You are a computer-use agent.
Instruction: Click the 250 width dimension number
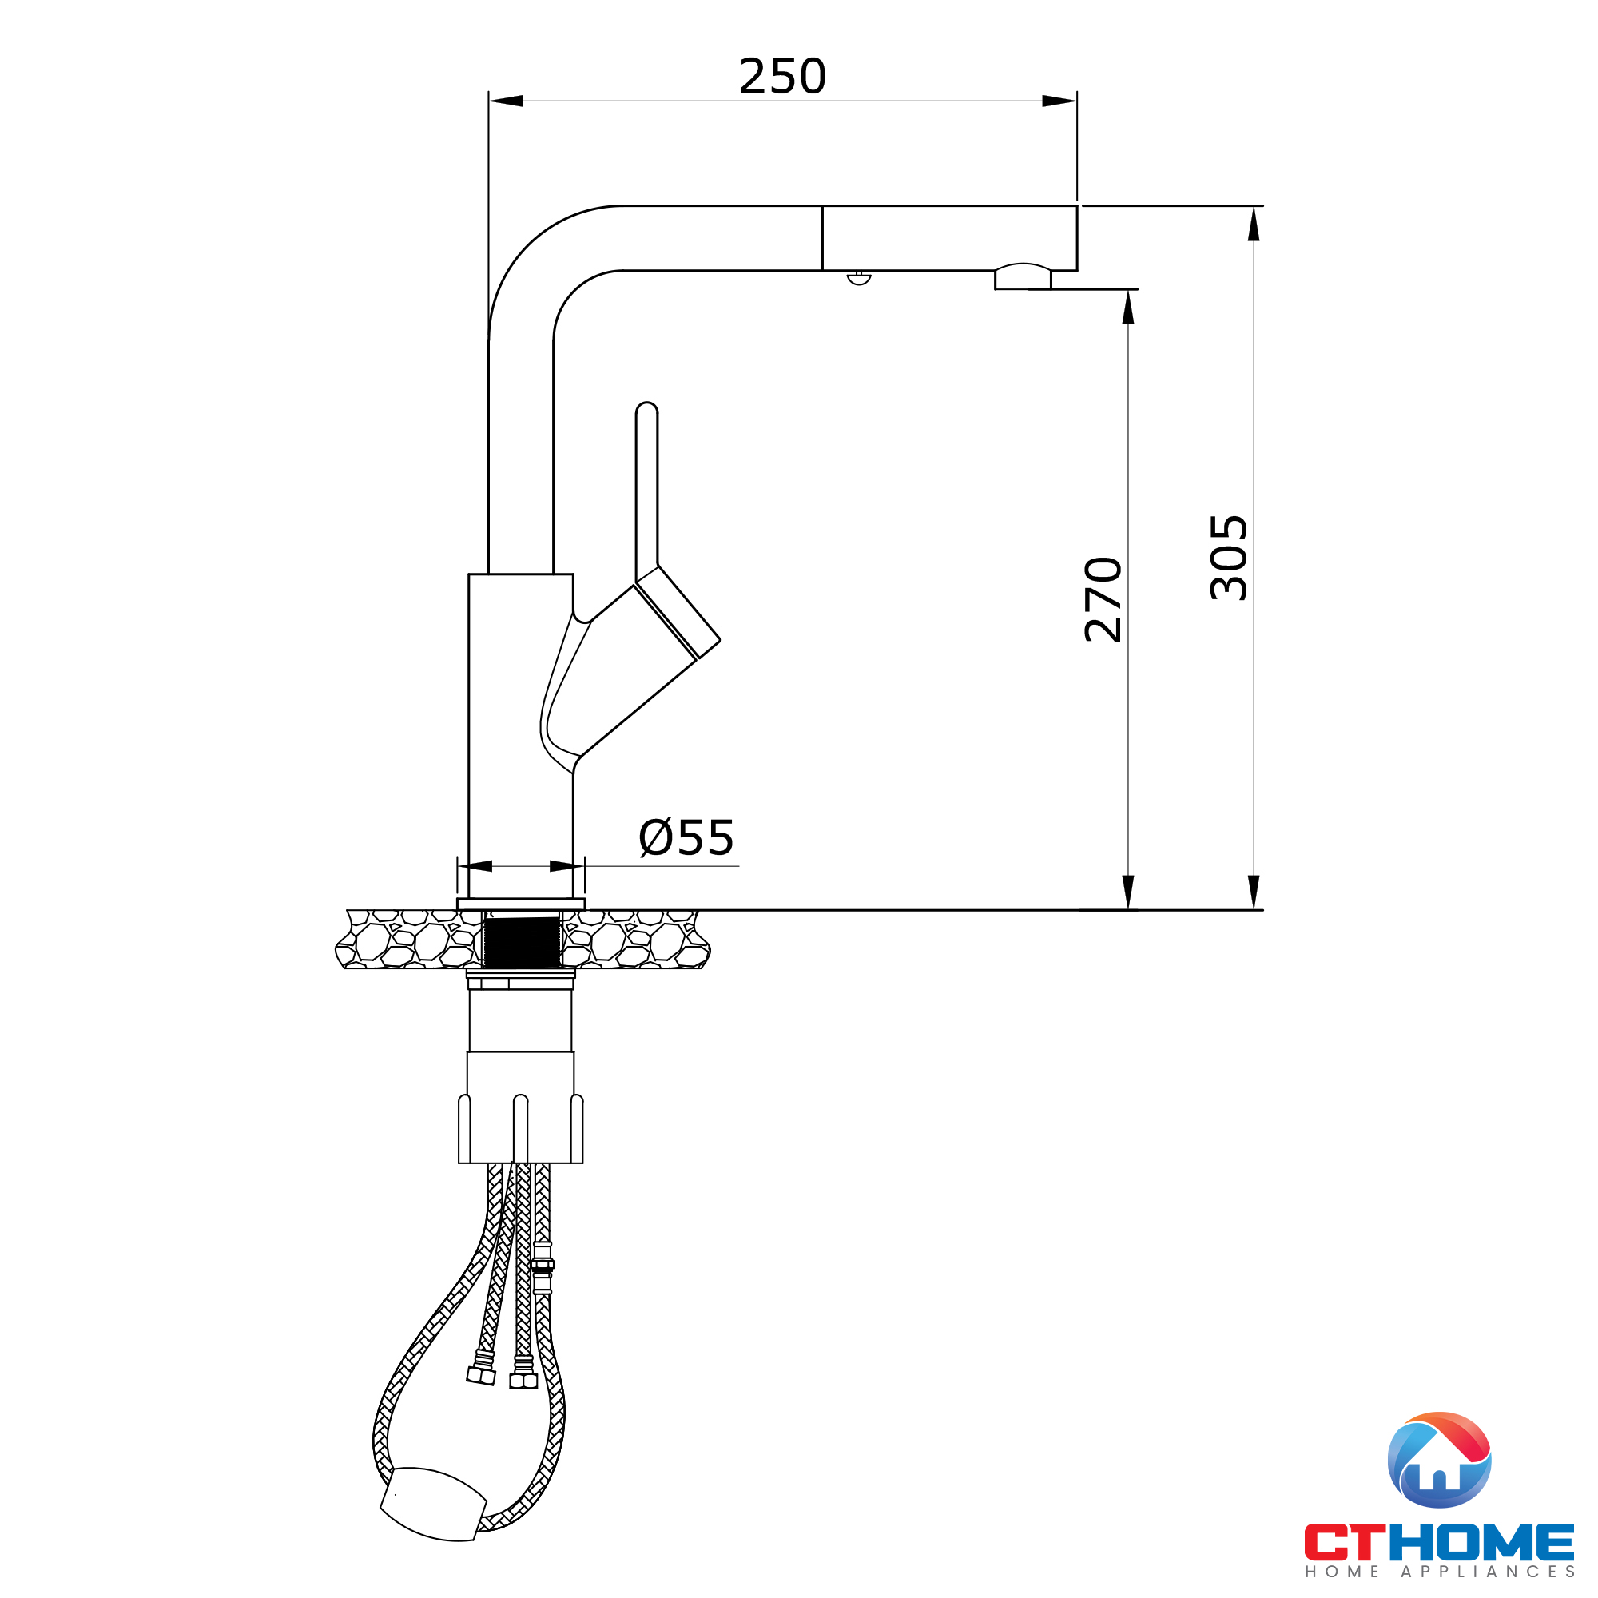tap(781, 77)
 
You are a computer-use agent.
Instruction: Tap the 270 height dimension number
tap(1103, 601)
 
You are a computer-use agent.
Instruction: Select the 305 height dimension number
tap(1228, 558)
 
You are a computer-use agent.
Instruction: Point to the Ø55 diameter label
tap(686, 837)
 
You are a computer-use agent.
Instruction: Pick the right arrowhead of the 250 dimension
tap(1059, 101)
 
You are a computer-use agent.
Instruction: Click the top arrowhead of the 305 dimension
tap(1254, 224)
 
